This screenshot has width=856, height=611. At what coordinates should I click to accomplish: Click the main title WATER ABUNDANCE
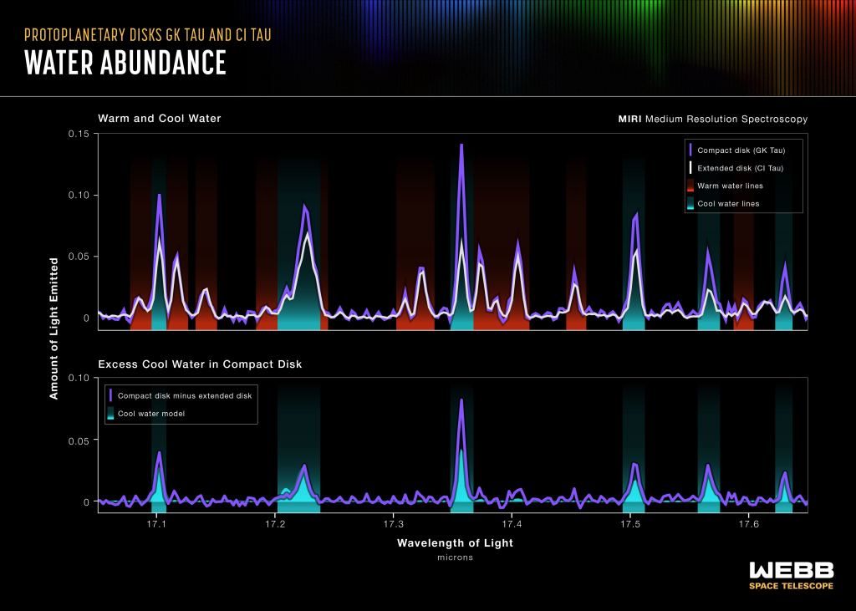point(125,63)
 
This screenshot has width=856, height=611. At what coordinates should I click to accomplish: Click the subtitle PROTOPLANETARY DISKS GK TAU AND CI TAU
point(148,35)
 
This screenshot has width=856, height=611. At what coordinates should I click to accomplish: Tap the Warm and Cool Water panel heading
point(160,119)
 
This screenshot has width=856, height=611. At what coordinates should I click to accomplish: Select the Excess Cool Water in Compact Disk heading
point(200,364)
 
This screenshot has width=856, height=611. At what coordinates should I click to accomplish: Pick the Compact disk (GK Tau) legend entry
point(741,150)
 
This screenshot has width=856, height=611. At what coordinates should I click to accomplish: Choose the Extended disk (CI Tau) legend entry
point(741,168)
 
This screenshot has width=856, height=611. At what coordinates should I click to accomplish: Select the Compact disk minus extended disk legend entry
point(184,395)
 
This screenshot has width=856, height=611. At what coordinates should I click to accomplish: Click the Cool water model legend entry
point(150,414)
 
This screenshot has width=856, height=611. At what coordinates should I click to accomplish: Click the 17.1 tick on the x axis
point(157,524)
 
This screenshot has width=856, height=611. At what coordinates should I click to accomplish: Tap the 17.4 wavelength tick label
point(512,524)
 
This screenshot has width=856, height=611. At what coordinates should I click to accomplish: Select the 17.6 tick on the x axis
point(748,524)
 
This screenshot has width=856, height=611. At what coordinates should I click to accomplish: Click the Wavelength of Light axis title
point(455,543)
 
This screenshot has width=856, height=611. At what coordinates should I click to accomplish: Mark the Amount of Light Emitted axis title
point(54,328)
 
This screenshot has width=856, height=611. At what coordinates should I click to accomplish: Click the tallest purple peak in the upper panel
point(461,146)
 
